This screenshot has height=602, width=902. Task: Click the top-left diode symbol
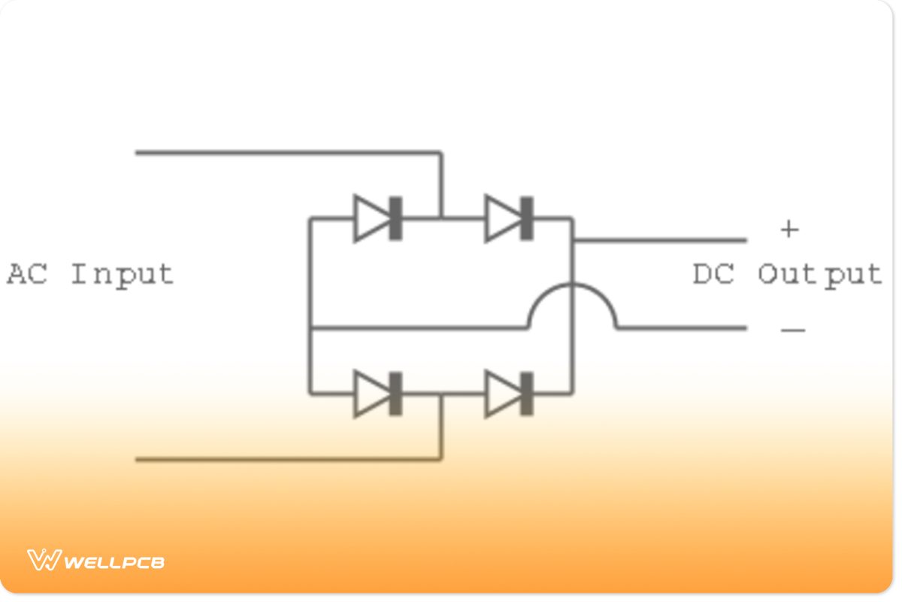pyautogui.click(x=378, y=218)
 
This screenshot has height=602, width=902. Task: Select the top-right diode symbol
pyautogui.click(x=510, y=218)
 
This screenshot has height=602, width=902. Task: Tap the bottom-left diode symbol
pyautogui.click(x=378, y=394)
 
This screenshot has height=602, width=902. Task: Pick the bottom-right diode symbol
pyautogui.click(x=510, y=394)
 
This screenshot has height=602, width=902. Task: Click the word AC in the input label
pyautogui.click(x=27, y=273)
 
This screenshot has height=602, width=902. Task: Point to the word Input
pyautogui.click(x=122, y=275)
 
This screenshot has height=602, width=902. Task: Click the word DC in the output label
pyautogui.click(x=713, y=274)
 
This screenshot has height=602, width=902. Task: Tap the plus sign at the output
pyautogui.click(x=789, y=229)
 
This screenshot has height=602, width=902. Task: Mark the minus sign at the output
pyautogui.click(x=793, y=330)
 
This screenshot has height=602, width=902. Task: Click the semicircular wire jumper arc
pyautogui.click(x=572, y=290)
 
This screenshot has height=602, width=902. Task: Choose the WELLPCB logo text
pyautogui.click(x=115, y=561)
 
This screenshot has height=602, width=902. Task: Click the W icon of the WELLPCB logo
pyautogui.click(x=44, y=560)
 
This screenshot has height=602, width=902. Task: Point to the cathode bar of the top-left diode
pyautogui.click(x=395, y=218)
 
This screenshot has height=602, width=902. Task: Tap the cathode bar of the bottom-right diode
pyautogui.click(x=527, y=394)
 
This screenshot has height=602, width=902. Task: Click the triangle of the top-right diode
pyautogui.click(x=501, y=218)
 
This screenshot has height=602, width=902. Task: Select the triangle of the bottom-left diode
pyautogui.click(x=371, y=394)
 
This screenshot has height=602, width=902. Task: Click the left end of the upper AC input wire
pyautogui.click(x=138, y=153)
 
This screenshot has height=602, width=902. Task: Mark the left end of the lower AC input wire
pyautogui.click(x=138, y=458)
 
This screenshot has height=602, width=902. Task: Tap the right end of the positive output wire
pyautogui.click(x=745, y=241)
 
